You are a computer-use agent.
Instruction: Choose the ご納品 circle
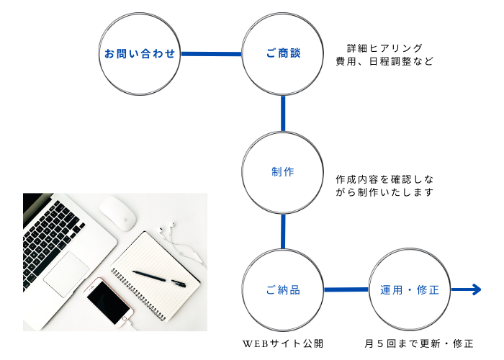click(x=282, y=290)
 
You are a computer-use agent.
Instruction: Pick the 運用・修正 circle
click(x=409, y=290)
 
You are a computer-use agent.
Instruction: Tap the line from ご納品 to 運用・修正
click(x=346, y=290)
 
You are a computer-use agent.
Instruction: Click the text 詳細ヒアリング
click(x=384, y=48)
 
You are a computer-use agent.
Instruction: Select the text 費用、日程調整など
click(x=384, y=62)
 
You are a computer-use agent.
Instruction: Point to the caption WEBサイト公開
click(x=283, y=343)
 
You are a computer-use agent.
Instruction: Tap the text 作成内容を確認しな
click(x=384, y=179)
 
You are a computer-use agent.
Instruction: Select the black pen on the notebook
click(x=158, y=277)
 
